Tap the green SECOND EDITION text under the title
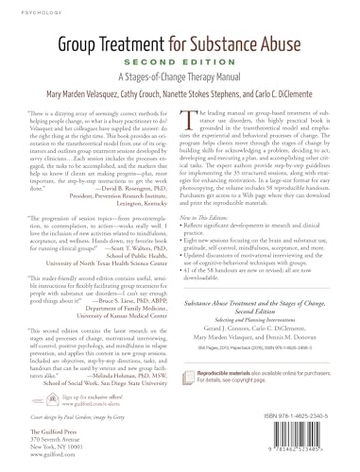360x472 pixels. click(180, 59)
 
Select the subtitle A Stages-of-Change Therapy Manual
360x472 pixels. click(180, 75)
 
